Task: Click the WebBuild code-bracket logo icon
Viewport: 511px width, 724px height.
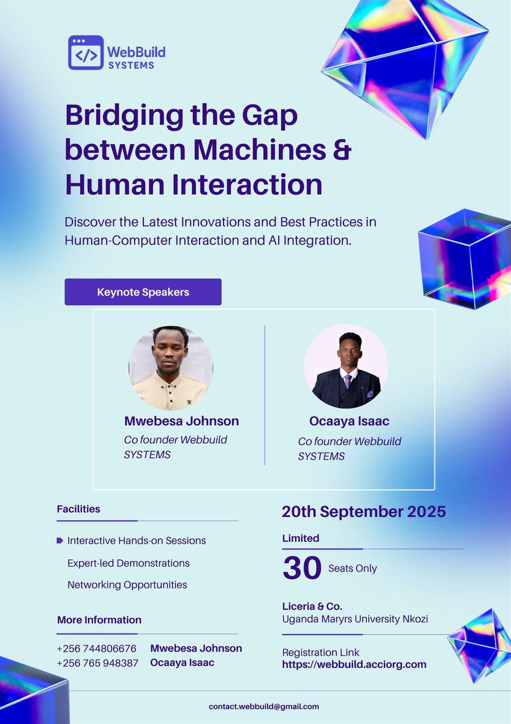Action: (x=86, y=52)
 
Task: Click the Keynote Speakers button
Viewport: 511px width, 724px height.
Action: (x=143, y=292)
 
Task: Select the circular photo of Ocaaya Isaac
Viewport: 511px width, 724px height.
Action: (x=346, y=369)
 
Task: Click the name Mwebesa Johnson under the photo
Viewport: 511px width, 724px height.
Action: (x=181, y=421)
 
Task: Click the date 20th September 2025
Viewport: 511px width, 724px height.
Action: (x=364, y=512)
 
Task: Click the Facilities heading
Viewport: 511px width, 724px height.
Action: (x=78, y=509)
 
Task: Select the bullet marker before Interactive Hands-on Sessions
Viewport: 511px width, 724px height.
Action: (x=60, y=541)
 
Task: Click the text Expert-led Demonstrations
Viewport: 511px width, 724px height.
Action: (x=128, y=563)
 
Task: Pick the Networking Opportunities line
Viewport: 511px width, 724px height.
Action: (x=127, y=585)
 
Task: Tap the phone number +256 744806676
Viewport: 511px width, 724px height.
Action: (x=96, y=649)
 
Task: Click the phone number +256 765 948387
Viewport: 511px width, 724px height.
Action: (x=98, y=663)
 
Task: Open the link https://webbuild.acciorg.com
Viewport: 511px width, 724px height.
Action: (x=354, y=664)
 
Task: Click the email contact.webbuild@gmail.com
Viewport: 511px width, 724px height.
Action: (x=264, y=706)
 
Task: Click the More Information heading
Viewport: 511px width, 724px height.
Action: (x=99, y=620)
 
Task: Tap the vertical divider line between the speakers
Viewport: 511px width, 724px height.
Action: (x=265, y=395)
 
